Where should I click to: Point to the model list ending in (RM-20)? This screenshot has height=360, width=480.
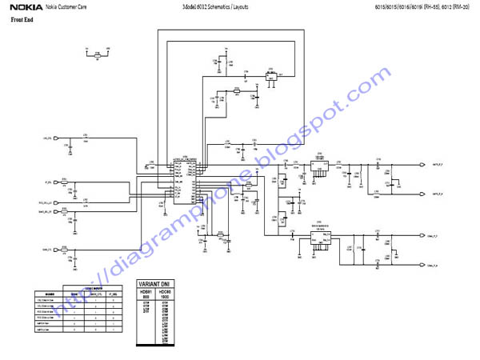[422, 6]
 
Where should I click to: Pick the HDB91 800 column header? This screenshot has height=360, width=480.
[146, 294]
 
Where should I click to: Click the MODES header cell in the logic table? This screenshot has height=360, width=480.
[50, 294]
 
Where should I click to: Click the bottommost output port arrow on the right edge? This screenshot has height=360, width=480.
[422, 264]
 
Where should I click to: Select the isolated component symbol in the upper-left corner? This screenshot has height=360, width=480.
[98, 54]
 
